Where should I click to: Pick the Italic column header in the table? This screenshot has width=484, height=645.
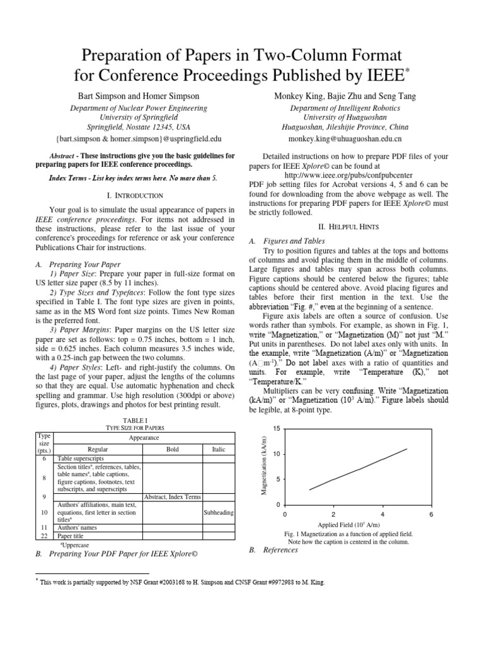click(x=218, y=450)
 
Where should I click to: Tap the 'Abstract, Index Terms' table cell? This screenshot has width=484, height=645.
click(x=173, y=497)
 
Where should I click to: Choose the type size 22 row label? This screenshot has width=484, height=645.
click(x=44, y=536)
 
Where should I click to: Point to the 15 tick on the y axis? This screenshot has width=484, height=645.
click(x=276, y=428)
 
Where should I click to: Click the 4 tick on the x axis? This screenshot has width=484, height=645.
click(x=383, y=514)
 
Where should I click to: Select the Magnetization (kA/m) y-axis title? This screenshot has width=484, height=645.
click(x=265, y=466)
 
